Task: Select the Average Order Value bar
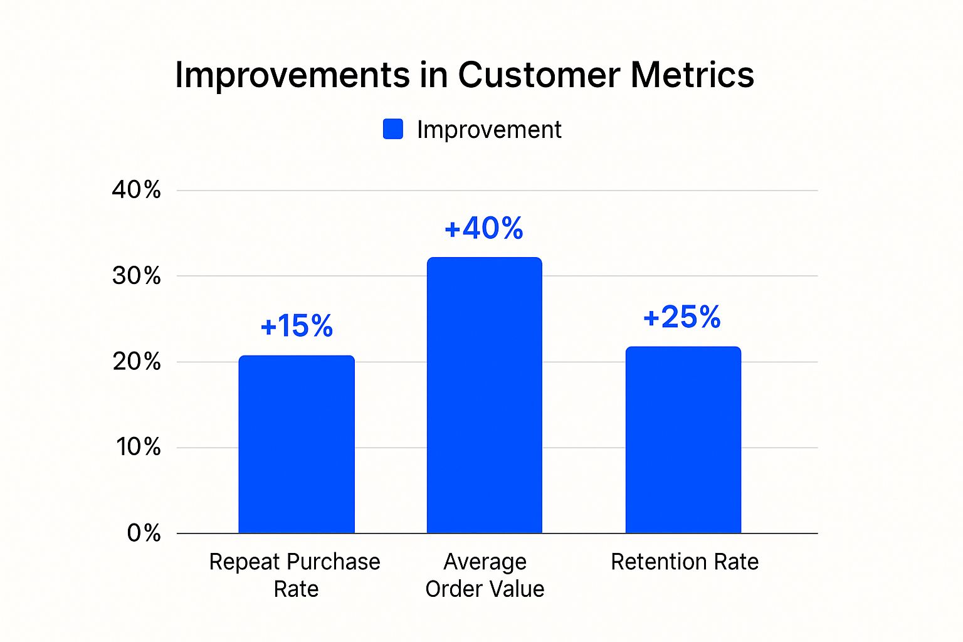tap(484, 395)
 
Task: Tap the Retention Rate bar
tap(683, 439)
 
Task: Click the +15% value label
tap(297, 326)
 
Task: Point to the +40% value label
tap(483, 228)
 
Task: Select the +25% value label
tap(682, 317)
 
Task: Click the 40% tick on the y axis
tap(136, 189)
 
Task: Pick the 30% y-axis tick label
tap(136, 275)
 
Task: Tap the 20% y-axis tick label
tap(136, 361)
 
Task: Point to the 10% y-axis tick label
tap(138, 447)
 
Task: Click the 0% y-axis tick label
tap(144, 533)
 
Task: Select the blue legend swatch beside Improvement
tap(393, 129)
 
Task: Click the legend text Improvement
tap(489, 130)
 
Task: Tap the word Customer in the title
tap(539, 75)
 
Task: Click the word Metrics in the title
tap(692, 75)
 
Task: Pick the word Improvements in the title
tap(292, 75)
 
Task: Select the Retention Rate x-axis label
tap(685, 562)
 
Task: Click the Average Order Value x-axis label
tap(485, 575)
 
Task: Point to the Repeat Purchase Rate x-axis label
tap(295, 575)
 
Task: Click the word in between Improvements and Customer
tap(433, 75)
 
